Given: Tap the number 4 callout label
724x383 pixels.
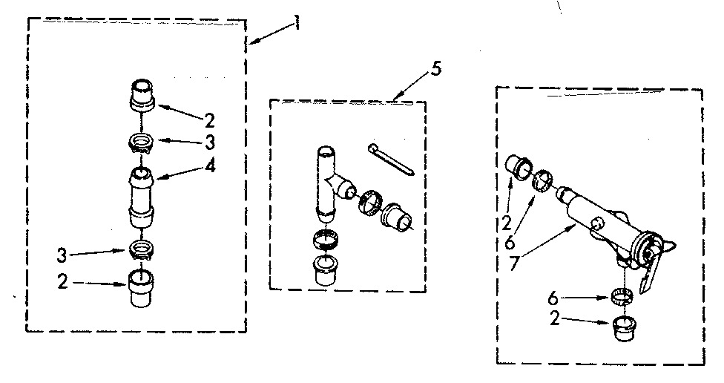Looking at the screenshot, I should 211,166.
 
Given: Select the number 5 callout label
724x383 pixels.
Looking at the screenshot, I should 435,71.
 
